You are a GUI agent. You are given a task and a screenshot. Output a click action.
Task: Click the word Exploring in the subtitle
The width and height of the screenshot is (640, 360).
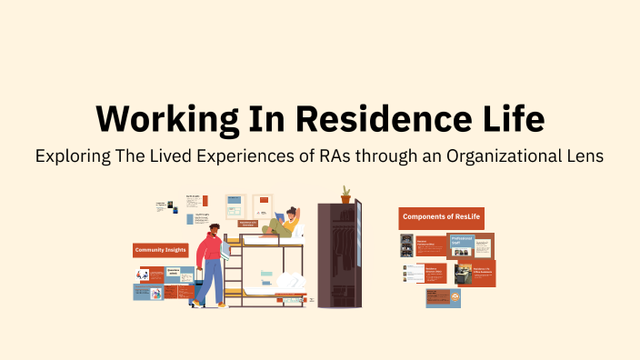74,156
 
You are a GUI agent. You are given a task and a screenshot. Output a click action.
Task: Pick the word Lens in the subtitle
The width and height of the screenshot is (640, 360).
585,156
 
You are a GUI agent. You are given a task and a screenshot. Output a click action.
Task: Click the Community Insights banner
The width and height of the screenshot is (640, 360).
160,249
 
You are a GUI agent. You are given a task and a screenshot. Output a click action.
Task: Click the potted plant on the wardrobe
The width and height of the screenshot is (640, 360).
345,194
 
